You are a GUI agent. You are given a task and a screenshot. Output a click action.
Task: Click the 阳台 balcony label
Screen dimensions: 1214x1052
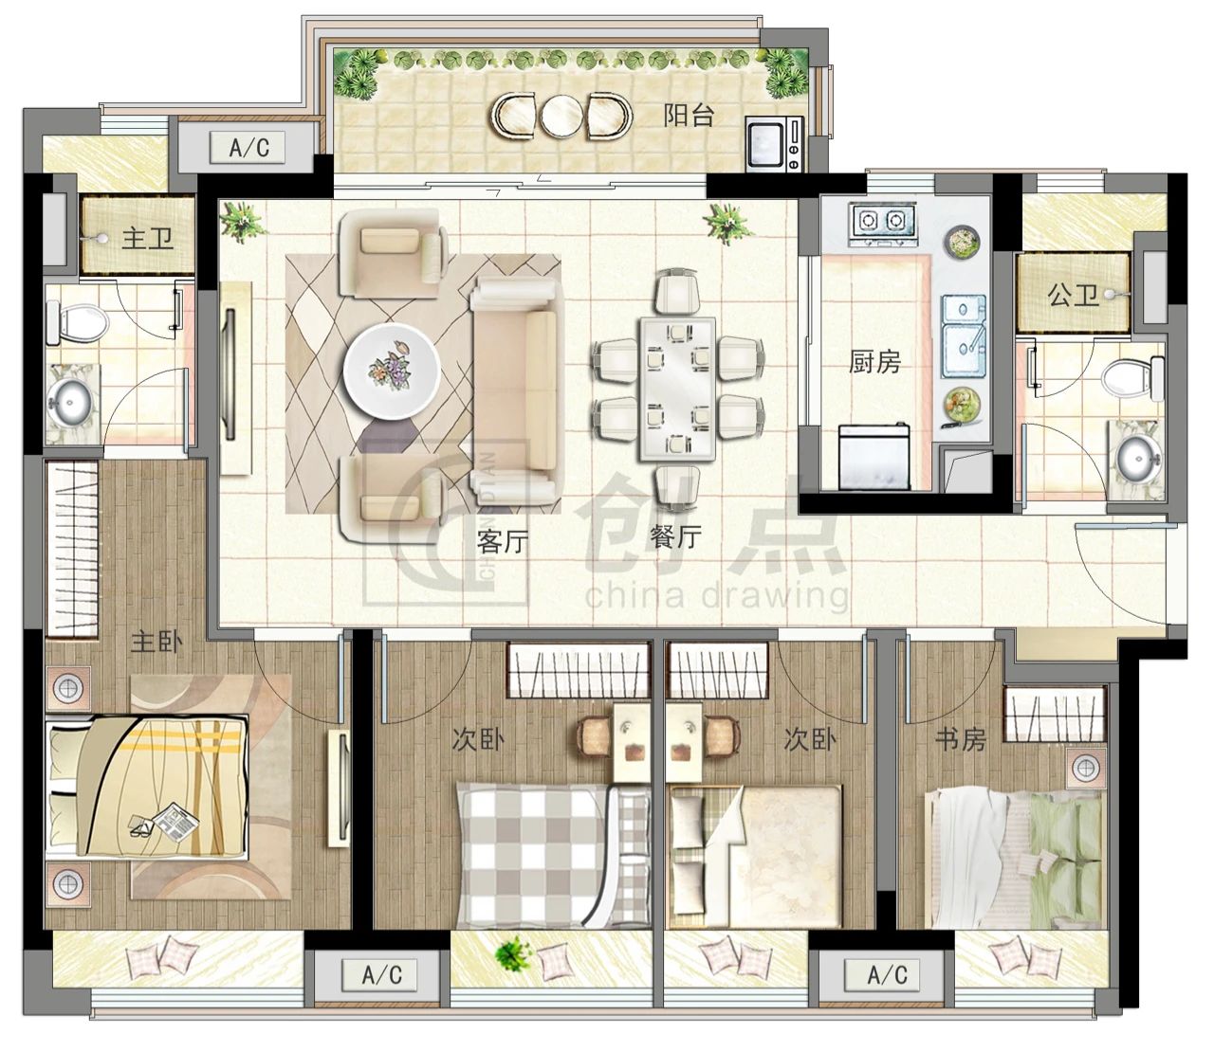point(689,116)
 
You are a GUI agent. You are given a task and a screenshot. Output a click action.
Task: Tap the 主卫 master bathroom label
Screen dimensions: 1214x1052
point(147,239)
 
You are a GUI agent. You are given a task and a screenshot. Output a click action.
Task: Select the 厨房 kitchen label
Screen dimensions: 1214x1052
point(874,362)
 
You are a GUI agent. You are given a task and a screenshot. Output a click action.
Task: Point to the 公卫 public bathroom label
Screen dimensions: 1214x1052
point(1073,297)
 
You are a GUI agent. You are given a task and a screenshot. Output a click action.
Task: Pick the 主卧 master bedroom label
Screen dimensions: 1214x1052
point(156,642)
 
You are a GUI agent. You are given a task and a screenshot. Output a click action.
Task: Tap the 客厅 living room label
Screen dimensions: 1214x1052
point(502,541)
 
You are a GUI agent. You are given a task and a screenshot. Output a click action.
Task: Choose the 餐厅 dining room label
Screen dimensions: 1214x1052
point(676,535)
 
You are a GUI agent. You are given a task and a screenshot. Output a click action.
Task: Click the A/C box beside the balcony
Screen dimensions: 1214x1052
point(248,147)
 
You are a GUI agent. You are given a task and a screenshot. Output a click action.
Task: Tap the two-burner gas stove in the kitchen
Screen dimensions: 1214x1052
point(882,223)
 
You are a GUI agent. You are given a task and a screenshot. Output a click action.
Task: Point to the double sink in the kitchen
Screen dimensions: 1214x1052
point(965,336)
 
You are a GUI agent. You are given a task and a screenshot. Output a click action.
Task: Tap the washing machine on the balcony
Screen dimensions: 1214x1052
point(774,144)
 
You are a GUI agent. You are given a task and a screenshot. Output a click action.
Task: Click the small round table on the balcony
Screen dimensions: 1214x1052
point(561,116)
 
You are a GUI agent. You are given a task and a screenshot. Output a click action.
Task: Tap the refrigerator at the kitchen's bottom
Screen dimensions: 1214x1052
point(874,458)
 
